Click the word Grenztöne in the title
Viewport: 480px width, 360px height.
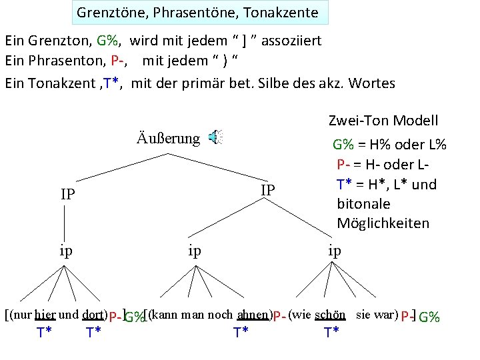tap(105, 13)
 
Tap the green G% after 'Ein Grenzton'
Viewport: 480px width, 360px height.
tap(107, 41)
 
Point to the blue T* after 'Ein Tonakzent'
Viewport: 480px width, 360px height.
tap(110, 83)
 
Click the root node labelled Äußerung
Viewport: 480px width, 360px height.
tap(168, 138)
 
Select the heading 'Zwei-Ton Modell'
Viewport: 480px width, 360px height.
tap(383, 121)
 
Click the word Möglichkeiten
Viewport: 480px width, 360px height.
tap(383, 223)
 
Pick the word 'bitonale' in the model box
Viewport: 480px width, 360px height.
tap(363, 203)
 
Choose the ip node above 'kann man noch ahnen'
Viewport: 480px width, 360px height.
tap(195, 251)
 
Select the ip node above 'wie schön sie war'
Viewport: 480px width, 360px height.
tap(334, 251)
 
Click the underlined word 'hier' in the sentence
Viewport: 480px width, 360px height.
tap(45, 314)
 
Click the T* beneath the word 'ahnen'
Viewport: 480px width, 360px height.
tap(242, 332)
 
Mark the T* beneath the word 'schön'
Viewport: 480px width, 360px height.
tap(331, 332)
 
